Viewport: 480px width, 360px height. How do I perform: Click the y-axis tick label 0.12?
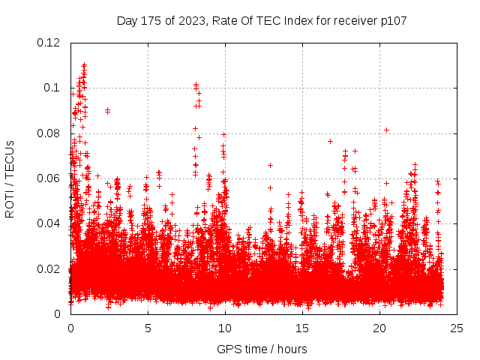pos(49,43)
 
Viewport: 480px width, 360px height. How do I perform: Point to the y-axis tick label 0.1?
pos(53,88)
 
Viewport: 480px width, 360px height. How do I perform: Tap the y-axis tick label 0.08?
pos(49,133)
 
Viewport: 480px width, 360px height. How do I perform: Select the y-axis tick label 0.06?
pos(49,178)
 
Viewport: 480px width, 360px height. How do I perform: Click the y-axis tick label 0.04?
pos(49,223)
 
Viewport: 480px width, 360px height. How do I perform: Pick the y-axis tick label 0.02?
pos(49,268)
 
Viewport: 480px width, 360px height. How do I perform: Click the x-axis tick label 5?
pos(148,328)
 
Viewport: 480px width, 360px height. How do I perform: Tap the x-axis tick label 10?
pos(225,328)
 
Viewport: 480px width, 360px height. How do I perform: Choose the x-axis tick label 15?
pos(302,328)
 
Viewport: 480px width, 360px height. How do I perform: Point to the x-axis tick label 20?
pos(379,328)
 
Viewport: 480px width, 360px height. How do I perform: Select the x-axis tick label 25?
pos(457,328)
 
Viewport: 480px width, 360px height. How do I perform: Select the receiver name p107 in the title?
pos(391,20)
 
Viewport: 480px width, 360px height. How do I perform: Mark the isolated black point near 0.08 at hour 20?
pos(386,130)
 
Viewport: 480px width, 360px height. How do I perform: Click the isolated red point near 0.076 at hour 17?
pos(330,141)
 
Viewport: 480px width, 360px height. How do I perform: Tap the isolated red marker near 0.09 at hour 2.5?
pos(107,110)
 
